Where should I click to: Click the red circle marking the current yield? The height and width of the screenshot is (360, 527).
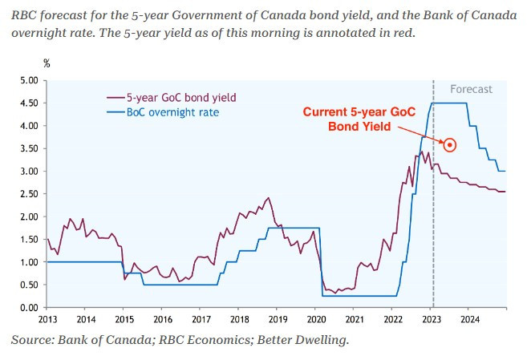point(450,145)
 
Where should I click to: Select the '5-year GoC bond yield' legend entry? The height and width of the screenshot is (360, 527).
point(172,98)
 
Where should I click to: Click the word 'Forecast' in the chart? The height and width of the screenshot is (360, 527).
point(471,89)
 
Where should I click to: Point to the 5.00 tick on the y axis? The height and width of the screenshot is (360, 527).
point(28,81)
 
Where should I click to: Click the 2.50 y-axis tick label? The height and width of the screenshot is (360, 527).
point(28,194)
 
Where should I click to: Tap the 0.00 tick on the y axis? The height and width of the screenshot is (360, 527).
point(28,307)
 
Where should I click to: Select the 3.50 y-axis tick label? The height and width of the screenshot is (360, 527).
point(28,149)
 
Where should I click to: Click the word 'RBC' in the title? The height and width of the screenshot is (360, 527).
point(24,14)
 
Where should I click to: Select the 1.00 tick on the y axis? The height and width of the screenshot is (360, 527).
point(28,262)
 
